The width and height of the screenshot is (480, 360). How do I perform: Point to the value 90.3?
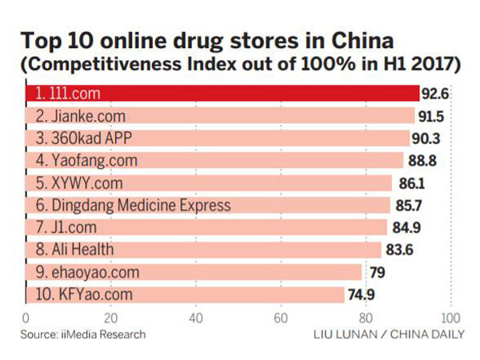click(x=427, y=138)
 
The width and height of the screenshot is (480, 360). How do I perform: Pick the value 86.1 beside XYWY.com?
click(x=410, y=183)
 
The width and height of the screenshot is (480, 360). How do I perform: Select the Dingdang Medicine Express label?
click(x=133, y=206)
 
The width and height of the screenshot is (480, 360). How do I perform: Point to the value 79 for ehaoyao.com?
click(x=374, y=273)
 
